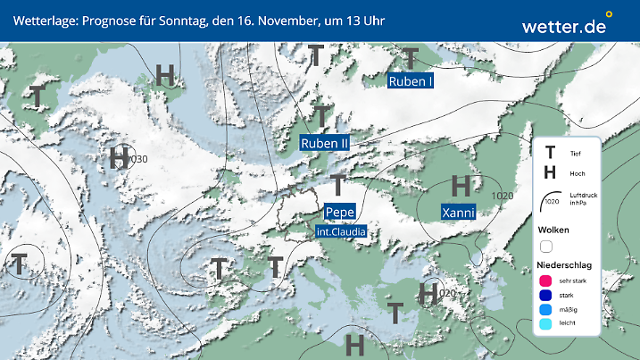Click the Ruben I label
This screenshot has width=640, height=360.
(411, 81)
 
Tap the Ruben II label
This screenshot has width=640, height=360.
(324, 143)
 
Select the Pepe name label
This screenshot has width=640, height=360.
(340, 212)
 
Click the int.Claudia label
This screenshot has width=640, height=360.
(341, 231)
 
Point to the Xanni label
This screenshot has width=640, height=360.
(458, 213)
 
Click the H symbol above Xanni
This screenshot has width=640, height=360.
(461, 186)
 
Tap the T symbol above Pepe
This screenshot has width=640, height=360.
(337, 185)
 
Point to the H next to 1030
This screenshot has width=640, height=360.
(119, 158)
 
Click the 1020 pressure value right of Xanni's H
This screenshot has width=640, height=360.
(503, 196)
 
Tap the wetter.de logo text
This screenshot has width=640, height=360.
(564, 26)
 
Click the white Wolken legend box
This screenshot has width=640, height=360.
(546, 246)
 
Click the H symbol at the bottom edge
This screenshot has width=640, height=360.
(354, 343)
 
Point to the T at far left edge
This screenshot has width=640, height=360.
(18, 264)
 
